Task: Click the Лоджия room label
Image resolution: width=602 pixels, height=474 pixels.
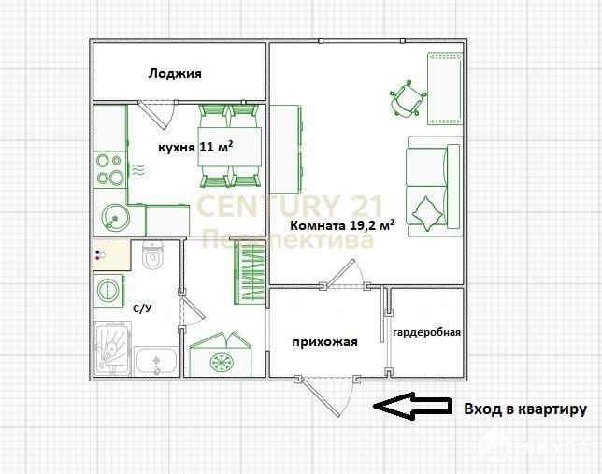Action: [x=175, y=73]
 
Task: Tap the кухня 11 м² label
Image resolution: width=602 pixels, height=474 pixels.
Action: [x=195, y=147]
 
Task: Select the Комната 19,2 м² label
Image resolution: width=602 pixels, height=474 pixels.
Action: [x=342, y=224]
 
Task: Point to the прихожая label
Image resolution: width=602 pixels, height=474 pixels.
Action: [x=324, y=342]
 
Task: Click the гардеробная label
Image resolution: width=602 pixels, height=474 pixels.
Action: [x=426, y=332]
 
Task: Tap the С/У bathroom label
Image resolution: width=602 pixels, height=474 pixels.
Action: [x=142, y=309]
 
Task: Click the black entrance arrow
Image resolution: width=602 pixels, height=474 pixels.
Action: [x=412, y=406]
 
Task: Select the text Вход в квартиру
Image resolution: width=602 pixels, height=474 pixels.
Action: [x=525, y=409]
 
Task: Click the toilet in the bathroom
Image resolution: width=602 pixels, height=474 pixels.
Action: [x=152, y=254]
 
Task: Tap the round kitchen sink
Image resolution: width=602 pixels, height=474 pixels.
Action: [x=114, y=217]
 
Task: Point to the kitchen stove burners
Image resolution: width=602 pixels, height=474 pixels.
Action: [x=109, y=169]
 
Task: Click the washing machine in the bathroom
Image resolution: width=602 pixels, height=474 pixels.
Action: [x=108, y=290]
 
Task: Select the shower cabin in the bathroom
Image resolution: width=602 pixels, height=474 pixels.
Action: [x=112, y=349]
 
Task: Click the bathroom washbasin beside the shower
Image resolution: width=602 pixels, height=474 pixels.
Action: [x=156, y=360]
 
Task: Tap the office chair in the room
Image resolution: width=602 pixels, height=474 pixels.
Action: [x=408, y=97]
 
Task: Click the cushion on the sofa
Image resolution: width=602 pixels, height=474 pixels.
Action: [x=426, y=214]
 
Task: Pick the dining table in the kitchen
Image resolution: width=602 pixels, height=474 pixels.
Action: [x=230, y=147]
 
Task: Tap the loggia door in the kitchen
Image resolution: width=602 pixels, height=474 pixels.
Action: [x=158, y=114]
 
